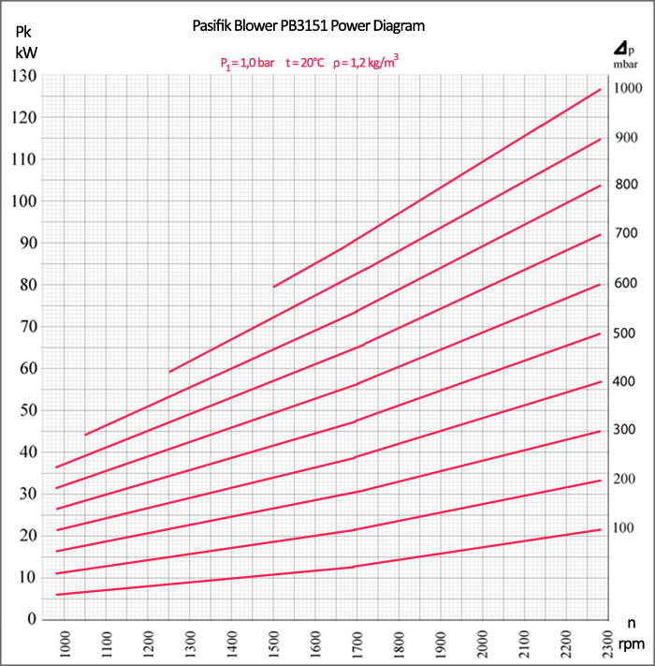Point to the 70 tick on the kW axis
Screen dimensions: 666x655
click(29, 326)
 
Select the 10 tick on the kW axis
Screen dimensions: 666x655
click(29, 577)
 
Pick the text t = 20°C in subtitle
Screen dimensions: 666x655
click(305, 64)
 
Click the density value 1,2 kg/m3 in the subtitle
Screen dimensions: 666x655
click(371, 64)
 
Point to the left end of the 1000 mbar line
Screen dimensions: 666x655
click(273, 287)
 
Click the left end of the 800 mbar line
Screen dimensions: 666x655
click(85, 435)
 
